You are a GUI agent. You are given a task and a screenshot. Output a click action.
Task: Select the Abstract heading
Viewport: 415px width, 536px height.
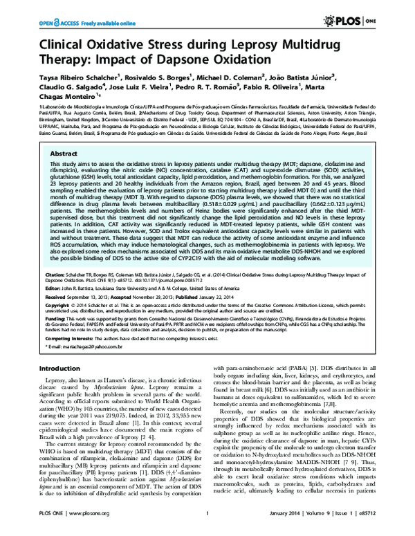(x=64, y=154)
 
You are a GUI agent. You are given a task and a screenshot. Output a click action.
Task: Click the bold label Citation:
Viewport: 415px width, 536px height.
(x=56, y=275)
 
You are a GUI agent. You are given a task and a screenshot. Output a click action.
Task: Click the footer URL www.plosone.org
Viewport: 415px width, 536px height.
(x=84, y=531)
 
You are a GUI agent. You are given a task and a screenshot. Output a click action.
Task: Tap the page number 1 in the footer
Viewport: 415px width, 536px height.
(x=207, y=531)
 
